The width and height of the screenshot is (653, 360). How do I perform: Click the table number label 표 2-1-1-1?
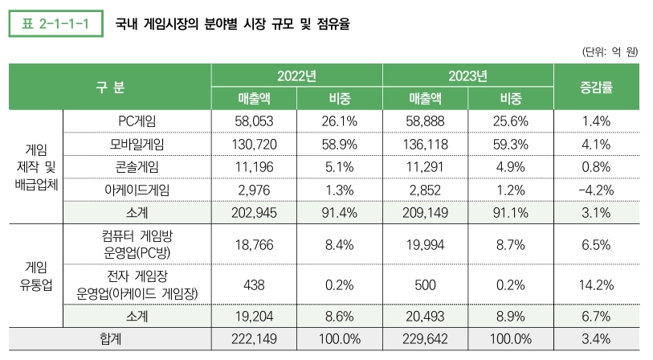(56, 24)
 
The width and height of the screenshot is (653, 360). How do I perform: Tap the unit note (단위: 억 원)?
(609, 51)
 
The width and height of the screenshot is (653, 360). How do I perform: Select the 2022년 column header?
(296, 76)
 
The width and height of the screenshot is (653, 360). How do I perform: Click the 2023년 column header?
(467, 76)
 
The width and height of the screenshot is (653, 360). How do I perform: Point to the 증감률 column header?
(596, 87)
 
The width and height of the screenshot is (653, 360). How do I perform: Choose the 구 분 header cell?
(109, 87)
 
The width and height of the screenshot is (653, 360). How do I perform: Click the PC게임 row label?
(137, 121)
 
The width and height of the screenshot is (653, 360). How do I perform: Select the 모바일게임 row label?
(137, 144)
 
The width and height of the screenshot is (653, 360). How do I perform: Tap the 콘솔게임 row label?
(137, 166)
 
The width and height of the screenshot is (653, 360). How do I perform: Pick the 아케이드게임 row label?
(137, 190)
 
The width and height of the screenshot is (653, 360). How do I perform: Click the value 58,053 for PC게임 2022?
(254, 121)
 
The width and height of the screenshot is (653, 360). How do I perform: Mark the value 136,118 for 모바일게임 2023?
(425, 144)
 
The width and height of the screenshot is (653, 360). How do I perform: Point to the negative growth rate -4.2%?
(596, 190)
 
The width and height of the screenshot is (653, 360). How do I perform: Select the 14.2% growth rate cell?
(596, 284)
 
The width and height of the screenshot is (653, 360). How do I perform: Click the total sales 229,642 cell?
(425, 339)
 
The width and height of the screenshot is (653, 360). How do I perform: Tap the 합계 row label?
(109, 339)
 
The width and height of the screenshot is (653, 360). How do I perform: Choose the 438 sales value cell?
(254, 284)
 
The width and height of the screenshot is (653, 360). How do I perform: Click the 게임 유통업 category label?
(35, 275)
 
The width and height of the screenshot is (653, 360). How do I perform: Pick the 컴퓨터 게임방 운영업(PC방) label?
(137, 244)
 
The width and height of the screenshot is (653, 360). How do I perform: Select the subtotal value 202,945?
(254, 213)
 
